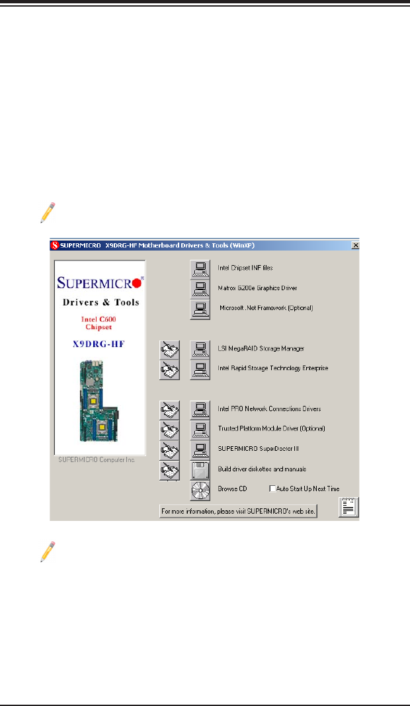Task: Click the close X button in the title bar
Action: tap(355, 245)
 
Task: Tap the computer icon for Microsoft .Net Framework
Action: tap(199, 309)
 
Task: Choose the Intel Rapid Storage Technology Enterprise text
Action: tap(272, 368)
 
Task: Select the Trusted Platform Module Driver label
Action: tap(271, 429)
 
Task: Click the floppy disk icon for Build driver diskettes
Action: tap(200, 471)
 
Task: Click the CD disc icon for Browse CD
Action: tap(200, 490)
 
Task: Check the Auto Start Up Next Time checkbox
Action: tap(272, 489)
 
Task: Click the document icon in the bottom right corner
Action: tap(348, 508)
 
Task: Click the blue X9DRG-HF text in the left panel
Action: tap(100, 344)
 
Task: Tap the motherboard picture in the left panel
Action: tap(99, 401)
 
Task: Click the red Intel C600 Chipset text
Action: tap(99, 323)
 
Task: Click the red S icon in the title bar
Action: tap(56, 245)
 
